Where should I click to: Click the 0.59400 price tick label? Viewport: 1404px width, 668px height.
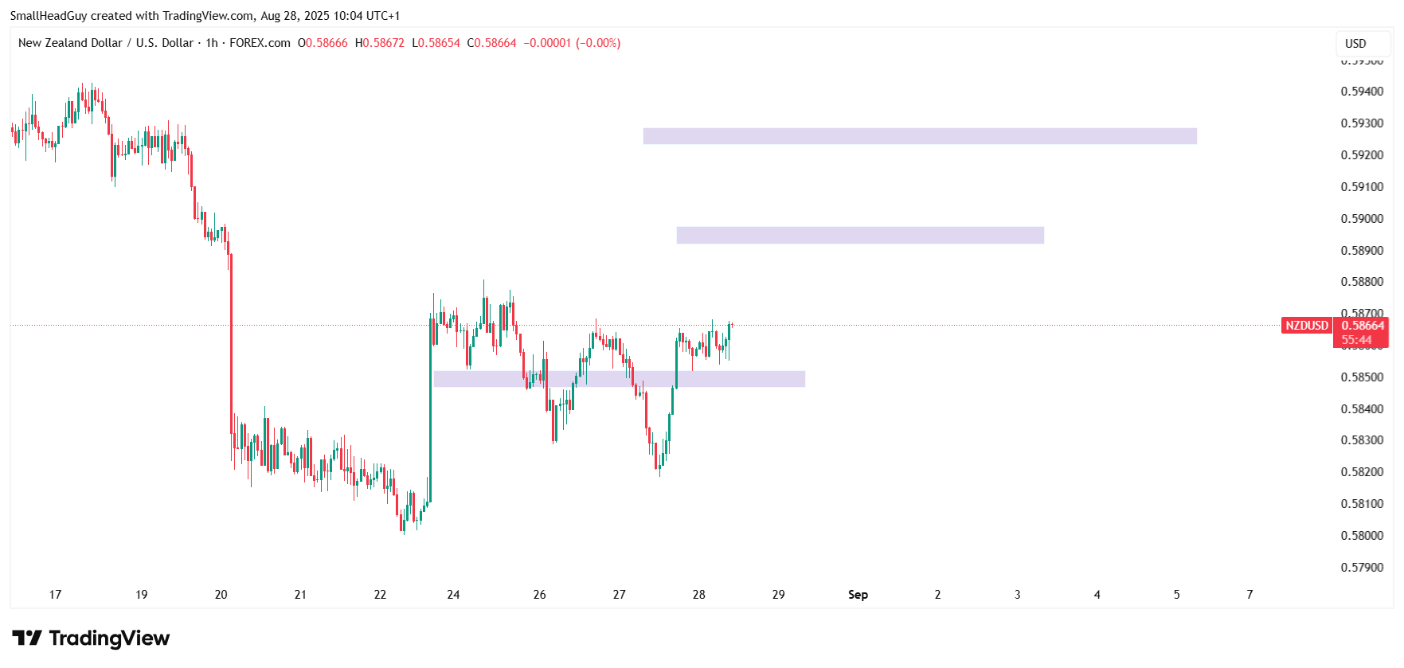click(x=1362, y=92)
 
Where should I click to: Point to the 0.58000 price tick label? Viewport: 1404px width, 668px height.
click(x=1362, y=536)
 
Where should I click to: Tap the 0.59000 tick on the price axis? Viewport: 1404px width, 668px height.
click(x=1362, y=219)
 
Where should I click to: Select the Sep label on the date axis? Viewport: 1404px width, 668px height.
click(x=858, y=595)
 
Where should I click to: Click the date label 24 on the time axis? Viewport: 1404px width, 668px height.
click(x=453, y=595)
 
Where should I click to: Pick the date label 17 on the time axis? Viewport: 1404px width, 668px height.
click(x=55, y=595)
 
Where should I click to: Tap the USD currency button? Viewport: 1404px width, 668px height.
click(x=1355, y=44)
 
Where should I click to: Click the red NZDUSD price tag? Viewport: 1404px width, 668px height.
click(x=1306, y=326)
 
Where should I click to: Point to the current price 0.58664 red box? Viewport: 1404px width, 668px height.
click(x=1362, y=326)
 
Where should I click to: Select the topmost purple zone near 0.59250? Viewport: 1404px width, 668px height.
click(x=920, y=136)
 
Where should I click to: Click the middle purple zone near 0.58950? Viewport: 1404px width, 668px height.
click(x=860, y=235)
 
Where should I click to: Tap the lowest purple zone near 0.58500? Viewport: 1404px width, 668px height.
click(x=619, y=379)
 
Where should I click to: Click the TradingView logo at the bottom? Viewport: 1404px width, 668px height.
click(x=91, y=639)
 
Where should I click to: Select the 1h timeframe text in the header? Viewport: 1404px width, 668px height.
click(x=212, y=43)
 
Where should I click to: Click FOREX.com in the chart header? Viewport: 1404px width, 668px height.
click(x=260, y=43)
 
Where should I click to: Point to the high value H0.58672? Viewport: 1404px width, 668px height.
click(x=380, y=43)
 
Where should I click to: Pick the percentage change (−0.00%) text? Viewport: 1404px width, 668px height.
click(x=598, y=43)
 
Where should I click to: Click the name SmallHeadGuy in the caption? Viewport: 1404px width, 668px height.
click(x=48, y=16)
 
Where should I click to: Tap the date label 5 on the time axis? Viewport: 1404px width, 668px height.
click(x=1176, y=595)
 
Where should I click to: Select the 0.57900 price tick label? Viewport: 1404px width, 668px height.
click(x=1362, y=568)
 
